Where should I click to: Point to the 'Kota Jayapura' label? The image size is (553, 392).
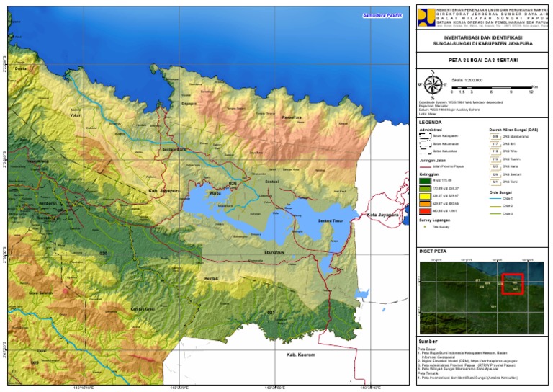tap(382, 215)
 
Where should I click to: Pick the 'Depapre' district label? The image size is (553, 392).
tap(189, 104)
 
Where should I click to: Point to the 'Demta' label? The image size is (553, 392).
tap(21, 68)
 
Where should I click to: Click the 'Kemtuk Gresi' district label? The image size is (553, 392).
tap(143, 309)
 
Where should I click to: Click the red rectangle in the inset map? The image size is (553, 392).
tap(512, 282)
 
